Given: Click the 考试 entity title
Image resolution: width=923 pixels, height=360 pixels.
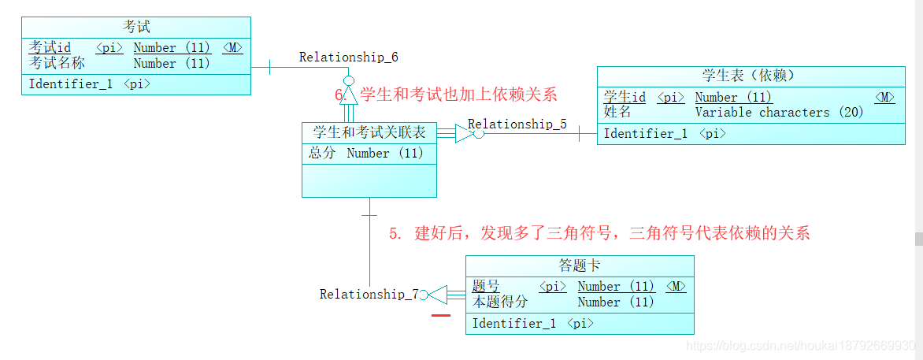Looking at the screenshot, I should pyautogui.click(x=136, y=28).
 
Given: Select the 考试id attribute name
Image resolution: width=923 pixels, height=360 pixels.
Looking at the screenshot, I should pyautogui.click(x=50, y=48).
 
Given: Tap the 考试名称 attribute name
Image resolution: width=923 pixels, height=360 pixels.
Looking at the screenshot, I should pyautogui.click(x=57, y=63).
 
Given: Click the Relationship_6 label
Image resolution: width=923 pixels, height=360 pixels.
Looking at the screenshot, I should pyautogui.click(x=348, y=57).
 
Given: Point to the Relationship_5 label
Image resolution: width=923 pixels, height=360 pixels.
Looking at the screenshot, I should pyautogui.click(x=517, y=124).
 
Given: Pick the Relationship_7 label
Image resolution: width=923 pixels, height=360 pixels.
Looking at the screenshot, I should pyautogui.click(x=369, y=294).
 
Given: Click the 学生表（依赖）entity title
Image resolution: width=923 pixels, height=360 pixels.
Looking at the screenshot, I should pyautogui.click(x=747, y=76).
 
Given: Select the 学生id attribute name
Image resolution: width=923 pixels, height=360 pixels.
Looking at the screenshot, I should pyautogui.click(x=625, y=97).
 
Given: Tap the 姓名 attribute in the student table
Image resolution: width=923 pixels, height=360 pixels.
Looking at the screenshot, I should pyautogui.click(x=617, y=112).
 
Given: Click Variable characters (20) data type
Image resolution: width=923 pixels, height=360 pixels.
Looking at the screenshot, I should pyautogui.click(x=779, y=112).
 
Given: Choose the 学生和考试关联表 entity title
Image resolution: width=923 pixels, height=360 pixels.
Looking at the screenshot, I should pyautogui.click(x=369, y=132).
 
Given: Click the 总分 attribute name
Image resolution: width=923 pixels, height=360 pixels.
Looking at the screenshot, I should pyautogui.click(x=322, y=153).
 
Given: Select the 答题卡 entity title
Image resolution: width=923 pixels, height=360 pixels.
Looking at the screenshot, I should pyautogui.click(x=580, y=265).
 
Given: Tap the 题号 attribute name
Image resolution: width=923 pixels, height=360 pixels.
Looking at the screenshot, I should pyautogui.click(x=485, y=286).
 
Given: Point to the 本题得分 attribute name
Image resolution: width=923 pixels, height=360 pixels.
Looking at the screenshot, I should pyautogui.click(x=500, y=301).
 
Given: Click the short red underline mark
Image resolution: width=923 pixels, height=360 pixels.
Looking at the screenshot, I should pyautogui.click(x=441, y=315).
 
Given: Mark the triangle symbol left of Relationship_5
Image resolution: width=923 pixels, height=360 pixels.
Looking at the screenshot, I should pyautogui.click(x=465, y=133).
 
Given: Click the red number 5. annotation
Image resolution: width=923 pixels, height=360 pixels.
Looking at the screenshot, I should pyautogui.click(x=396, y=233).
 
